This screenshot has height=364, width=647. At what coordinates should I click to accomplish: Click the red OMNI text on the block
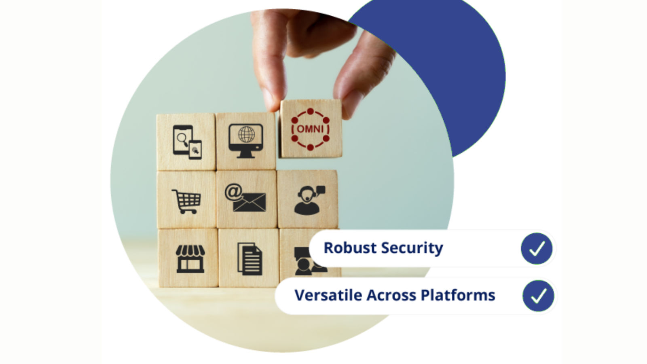pyautogui.click(x=310, y=129)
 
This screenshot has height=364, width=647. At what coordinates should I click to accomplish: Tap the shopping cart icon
pyautogui.click(x=186, y=201)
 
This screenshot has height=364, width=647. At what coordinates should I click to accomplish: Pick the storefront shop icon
pyautogui.click(x=190, y=258)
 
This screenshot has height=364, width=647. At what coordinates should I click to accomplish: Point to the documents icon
pyautogui.click(x=249, y=259)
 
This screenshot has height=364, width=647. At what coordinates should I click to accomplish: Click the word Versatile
pyautogui.click(x=328, y=295)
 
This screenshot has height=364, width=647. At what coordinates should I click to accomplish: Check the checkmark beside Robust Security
pyautogui.click(x=537, y=248)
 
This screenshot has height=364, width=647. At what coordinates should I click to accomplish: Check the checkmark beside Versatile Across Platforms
pyautogui.click(x=538, y=296)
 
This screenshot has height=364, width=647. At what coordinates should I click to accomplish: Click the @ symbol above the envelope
pyautogui.click(x=233, y=192)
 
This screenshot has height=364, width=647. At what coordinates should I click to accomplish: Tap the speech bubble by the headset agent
pyautogui.click(x=321, y=189)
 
